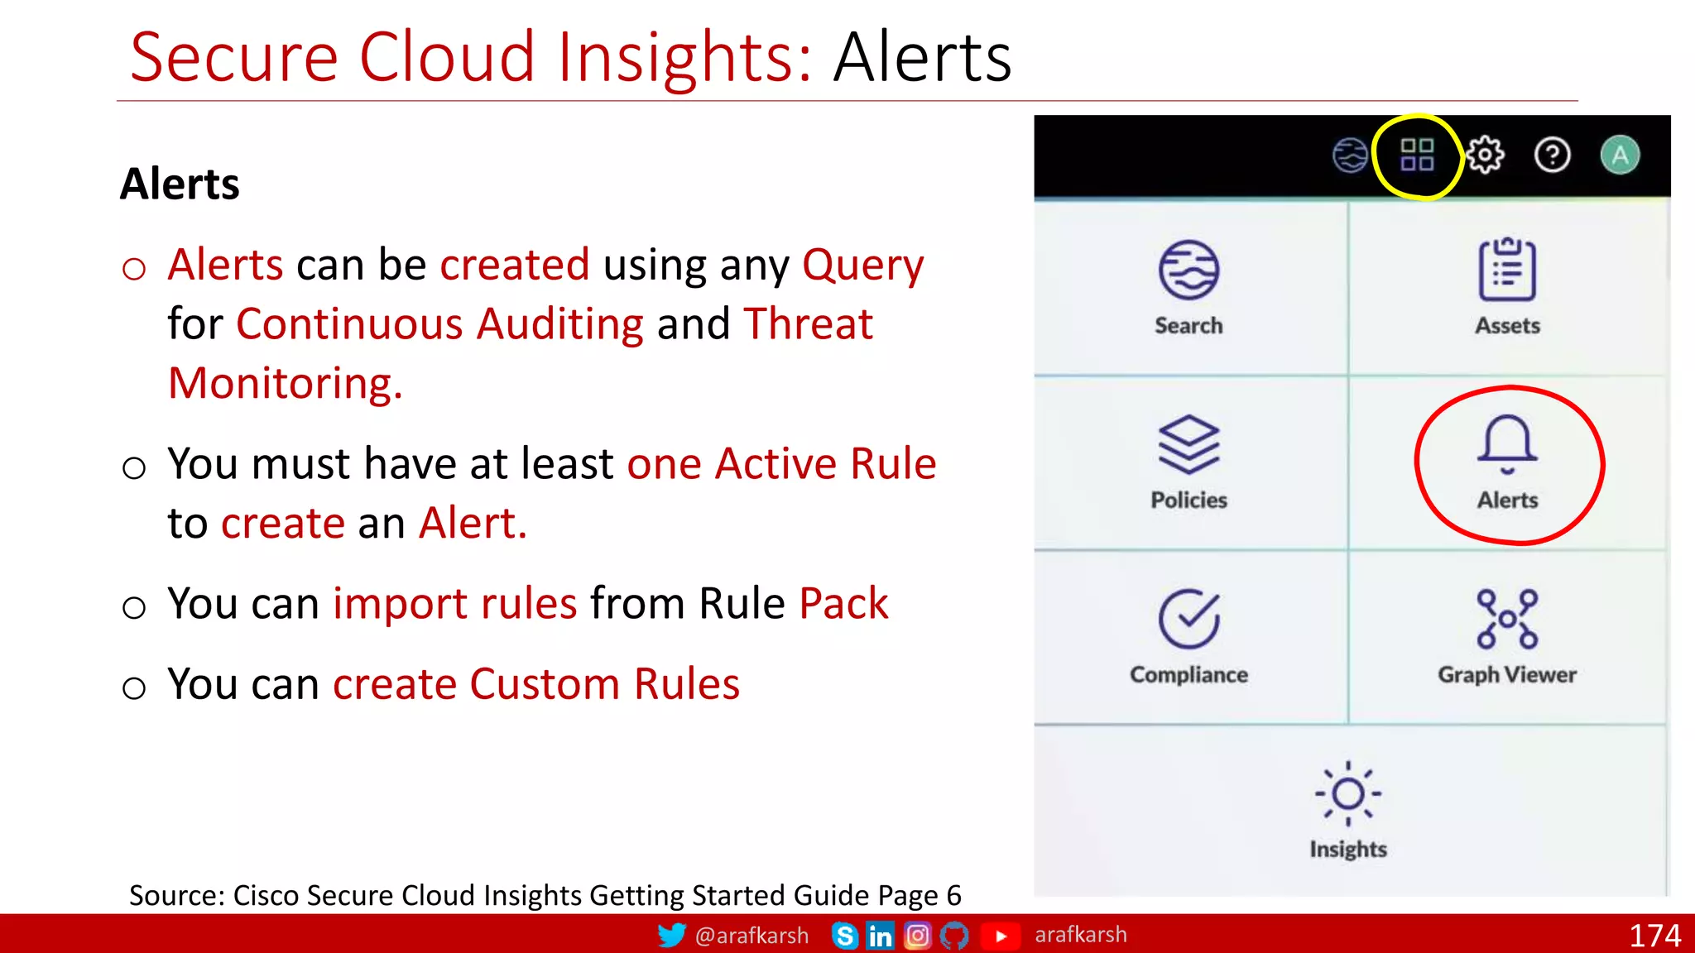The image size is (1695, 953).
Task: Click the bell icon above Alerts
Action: click(1507, 444)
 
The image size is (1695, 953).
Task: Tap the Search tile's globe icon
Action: click(1188, 271)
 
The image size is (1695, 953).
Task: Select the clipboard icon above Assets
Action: click(1507, 270)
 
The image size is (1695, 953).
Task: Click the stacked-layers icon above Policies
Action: click(1188, 444)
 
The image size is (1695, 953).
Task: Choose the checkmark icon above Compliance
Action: click(1188, 619)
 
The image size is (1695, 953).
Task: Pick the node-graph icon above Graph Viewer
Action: click(1507, 619)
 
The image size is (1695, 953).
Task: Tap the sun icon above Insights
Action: click(1348, 793)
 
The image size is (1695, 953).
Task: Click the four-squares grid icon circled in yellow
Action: click(1417, 155)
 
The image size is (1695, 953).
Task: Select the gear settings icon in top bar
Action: click(1486, 155)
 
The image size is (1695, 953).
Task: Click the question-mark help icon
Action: click(1552, 155)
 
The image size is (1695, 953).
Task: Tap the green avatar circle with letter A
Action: click(1620, 155)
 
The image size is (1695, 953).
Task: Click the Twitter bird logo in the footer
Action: click(671, 936)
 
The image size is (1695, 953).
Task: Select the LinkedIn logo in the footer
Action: click(880, 936)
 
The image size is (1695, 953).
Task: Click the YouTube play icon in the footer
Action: click(1001, 936)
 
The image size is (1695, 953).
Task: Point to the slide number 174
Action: click(1654, 936)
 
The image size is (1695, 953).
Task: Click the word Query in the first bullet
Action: click(862, 266)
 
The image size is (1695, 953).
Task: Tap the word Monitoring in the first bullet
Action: click(285, 384)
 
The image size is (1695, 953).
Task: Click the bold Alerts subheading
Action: click(180, 184)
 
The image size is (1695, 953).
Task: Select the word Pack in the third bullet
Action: click(843, 603)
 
